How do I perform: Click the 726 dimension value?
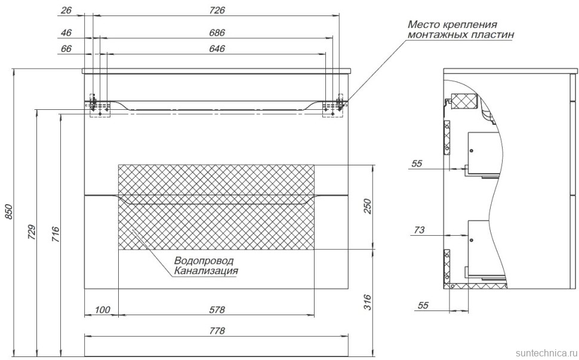pos(217,11)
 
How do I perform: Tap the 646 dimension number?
pos(217,49)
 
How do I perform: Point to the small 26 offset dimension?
pos(66,11)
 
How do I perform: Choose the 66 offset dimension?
pos(66,49)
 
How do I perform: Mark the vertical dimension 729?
pos(32,231)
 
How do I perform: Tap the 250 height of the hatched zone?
pos(368,206)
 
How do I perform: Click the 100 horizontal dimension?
pos(102,309)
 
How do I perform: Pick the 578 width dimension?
pos(217,309)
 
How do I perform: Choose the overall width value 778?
pos(217,331)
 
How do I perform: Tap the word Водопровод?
pos(204,261)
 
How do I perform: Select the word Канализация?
pos(207,271)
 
